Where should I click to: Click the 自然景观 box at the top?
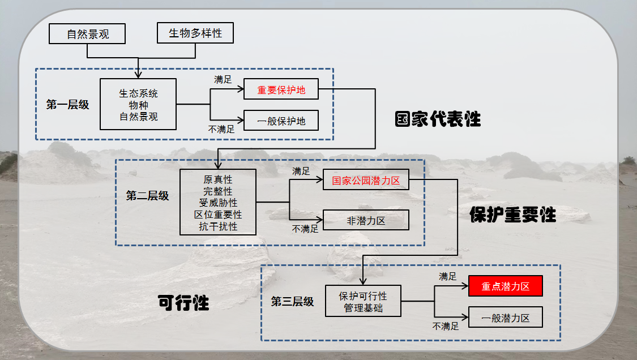88,34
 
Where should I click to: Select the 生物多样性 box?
195,33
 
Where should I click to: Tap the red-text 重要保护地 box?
281,89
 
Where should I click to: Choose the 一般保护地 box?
281,121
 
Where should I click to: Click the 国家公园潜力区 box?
366,181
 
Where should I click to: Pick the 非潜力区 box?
366,220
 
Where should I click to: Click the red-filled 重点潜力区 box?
506,286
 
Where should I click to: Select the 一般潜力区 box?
506,318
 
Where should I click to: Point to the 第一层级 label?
68,105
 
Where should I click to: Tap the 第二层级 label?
147,196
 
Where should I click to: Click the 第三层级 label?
292,302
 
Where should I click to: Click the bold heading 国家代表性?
438,119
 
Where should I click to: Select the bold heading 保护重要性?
513,215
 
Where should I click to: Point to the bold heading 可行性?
183,303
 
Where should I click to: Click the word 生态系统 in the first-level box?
139,93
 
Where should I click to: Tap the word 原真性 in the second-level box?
218,180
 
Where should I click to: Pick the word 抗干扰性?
218,226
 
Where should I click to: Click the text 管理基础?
363,308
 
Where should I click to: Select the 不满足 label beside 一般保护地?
221,129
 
